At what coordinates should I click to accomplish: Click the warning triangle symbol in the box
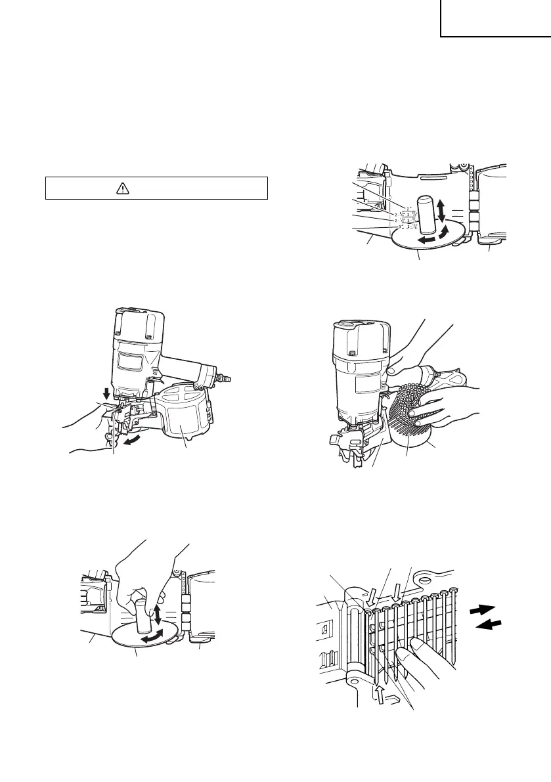[x=121, y=188]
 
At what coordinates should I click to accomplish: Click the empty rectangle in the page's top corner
[x=495, y=18]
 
